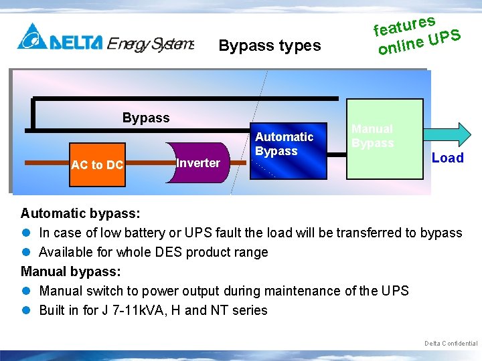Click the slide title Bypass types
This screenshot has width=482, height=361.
(270, 46)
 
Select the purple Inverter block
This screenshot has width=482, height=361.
(197, 162)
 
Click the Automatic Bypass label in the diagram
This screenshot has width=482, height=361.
(284, 144)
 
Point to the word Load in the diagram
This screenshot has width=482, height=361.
(447, 158)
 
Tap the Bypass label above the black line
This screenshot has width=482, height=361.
(146, 118)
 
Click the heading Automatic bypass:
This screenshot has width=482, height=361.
(80, 213)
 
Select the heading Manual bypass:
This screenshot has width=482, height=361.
(71, 271)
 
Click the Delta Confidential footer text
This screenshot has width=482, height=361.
(451, 343)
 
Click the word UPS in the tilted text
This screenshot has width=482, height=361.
(445, 37)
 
